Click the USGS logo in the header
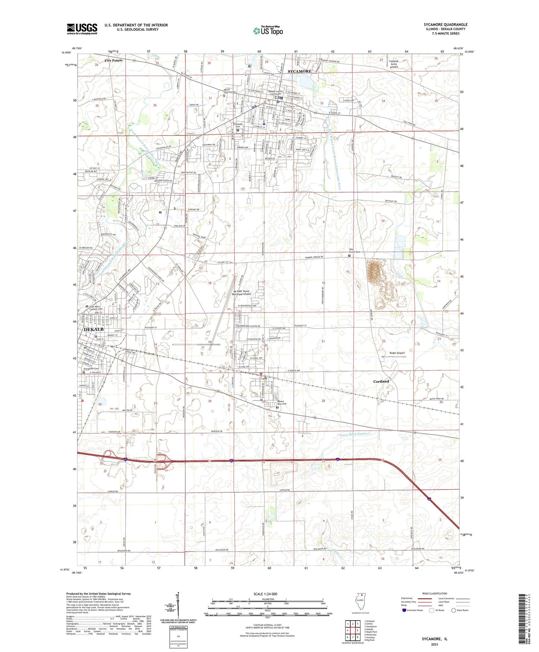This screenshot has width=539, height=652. (x=82, y=28)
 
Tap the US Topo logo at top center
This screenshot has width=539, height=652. (x=268, y=30)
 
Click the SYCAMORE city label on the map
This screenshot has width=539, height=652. (x=300, y=71)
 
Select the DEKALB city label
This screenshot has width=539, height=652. (x=94, y=329)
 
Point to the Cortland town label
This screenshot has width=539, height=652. (x=381, y=381)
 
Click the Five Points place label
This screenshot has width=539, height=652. (x=113, y=60)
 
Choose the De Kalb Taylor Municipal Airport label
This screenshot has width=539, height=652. (x=241, y=293)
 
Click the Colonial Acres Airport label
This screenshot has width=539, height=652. (x=394, y=64)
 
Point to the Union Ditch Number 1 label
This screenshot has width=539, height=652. (x=355, y=434)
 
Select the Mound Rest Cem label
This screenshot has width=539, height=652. (x=282, y=403)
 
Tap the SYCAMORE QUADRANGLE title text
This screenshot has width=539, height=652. (x=445, y=25)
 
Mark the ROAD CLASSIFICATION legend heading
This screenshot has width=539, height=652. (x=435, y=593)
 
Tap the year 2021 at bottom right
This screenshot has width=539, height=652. (x=435, y=645)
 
